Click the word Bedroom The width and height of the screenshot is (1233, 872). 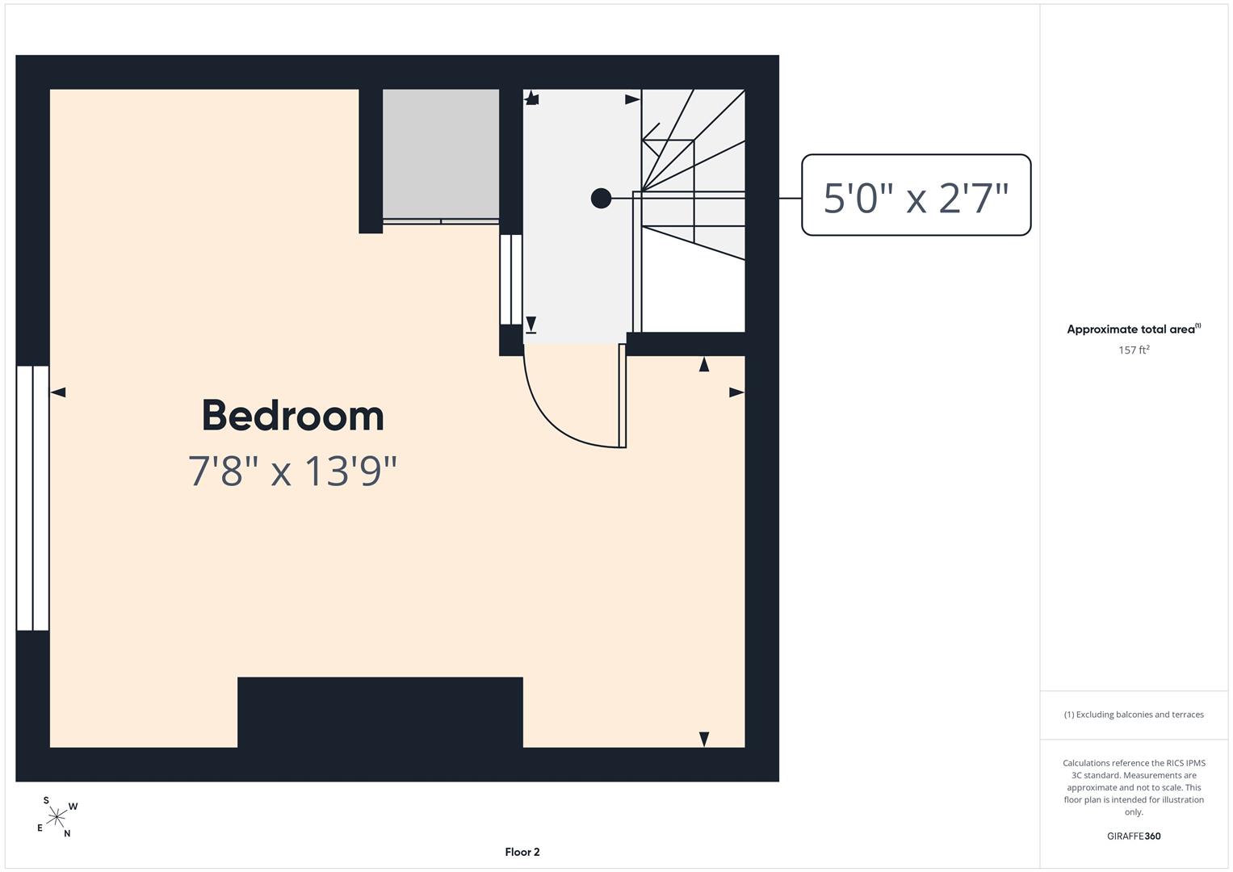pos(293,416)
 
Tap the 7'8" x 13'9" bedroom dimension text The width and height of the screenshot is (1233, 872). pos(292,472)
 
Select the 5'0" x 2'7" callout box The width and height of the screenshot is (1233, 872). pos(916,195)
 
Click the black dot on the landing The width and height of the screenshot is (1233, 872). pos(601,198)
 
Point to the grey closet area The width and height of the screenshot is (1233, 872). pos(441,153)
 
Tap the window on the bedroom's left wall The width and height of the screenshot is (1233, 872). pos(33,497)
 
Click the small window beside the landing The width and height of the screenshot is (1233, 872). pos(511,279)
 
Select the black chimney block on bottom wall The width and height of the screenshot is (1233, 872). pos(380,712)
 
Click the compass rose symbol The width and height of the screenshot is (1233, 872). pos(57,817)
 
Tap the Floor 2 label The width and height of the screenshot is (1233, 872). pos(522,852)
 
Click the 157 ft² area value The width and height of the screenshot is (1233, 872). pos(1134,350)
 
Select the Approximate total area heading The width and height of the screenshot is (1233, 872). pos(1134,329)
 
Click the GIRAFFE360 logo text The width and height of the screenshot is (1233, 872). pos(1134,836)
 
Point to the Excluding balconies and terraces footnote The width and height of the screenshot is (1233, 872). pos(1134,714)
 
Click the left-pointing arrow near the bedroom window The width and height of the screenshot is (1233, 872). pos(58,392)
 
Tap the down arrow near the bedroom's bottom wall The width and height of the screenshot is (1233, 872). pos(704,740)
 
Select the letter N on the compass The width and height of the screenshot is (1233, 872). pos(67,833)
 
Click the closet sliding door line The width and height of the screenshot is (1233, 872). pos(441,221)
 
